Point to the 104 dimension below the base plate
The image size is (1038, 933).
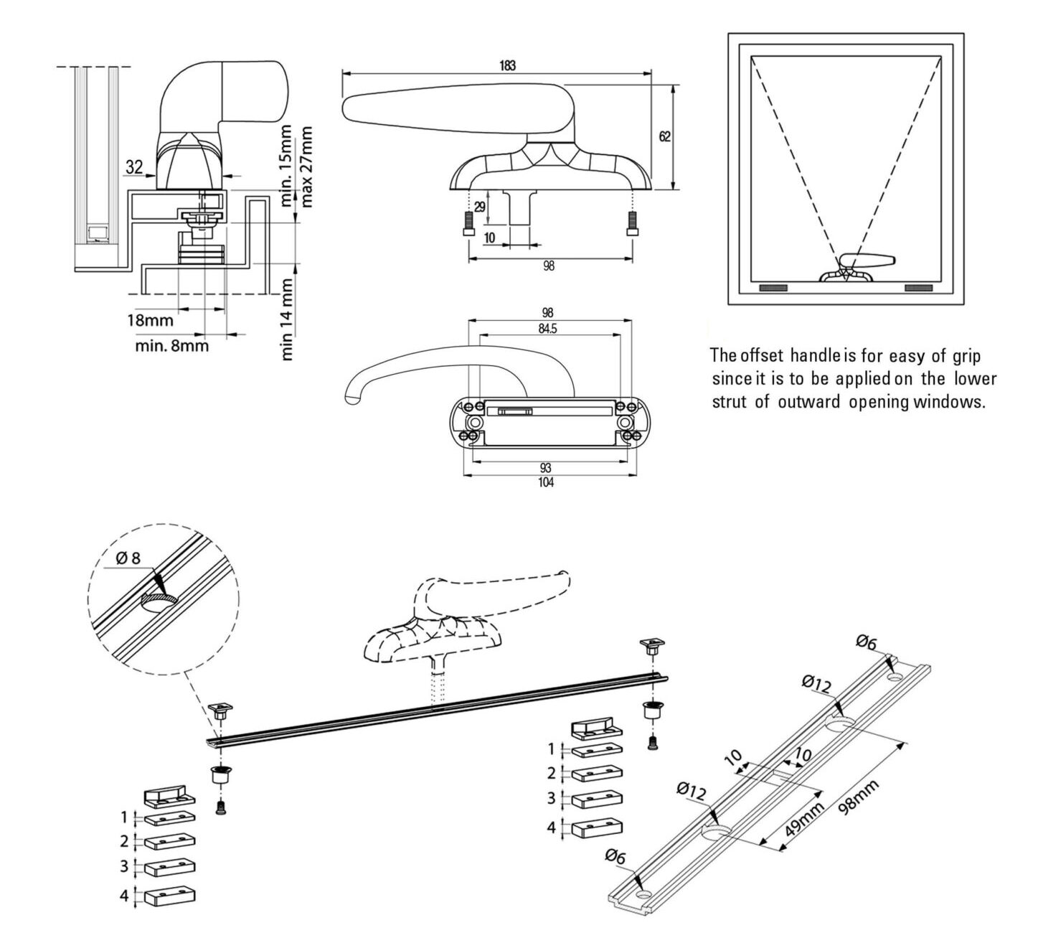pyautogui.click(x=547, y=482)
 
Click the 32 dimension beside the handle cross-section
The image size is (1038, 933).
pyautogui.click(x=133, y=167)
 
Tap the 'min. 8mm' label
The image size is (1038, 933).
pyautogui.click(x=172, y=347)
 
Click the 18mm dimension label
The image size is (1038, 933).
pyautogui.click(x=150, y=321)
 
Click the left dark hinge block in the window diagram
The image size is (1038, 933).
pyautogui.click(x=773, y=288)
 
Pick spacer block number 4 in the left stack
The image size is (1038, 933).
pyautogui.click(x=170, y=896)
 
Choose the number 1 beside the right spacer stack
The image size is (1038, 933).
pyautogui.click(x=552, y=749)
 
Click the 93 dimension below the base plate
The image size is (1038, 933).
pyautogui.click(x=547, y=469)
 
